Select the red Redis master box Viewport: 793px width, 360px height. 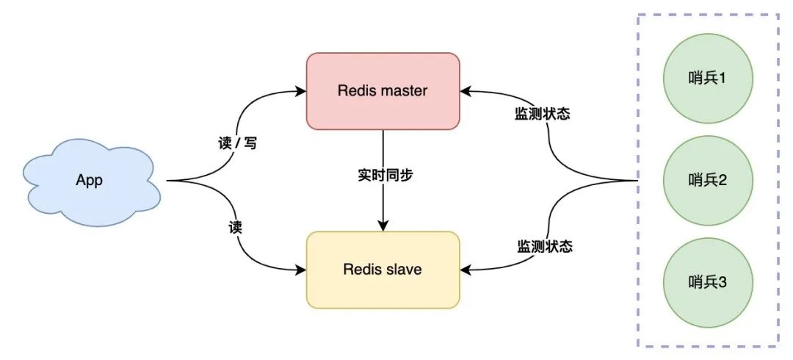pyautogui.click(x=383, y=91)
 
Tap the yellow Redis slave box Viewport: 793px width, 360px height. pyautogui.click(x=383, y=270)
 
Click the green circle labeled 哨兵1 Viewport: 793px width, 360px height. pyautogui.click(x=707, y=77)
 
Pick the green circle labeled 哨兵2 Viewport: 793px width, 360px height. pyautogui.click(x=707, y=180)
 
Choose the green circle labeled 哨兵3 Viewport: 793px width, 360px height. pyautogui.click(x=707, y=283)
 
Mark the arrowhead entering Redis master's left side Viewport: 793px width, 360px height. pyautogui.click(x=301, y=91)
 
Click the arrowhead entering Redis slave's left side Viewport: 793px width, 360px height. pyautogui.click(x=301, y=270)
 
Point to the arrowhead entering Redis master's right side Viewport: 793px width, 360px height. pyautogui.click(x=466, y=91)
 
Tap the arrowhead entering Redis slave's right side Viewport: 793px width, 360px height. pyautogui.click(x=466, y=270)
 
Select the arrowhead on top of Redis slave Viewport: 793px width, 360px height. pyautogui.click(x=383, y=226)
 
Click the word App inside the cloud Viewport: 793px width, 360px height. pyautogui.click(x=90, y=181)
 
